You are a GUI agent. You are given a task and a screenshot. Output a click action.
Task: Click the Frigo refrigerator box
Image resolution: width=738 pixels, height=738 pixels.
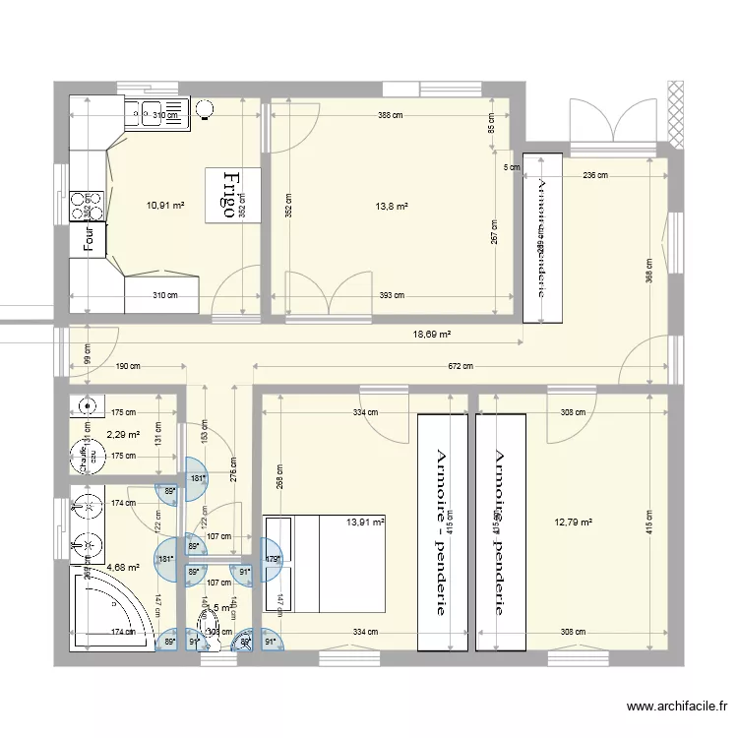[x=233, y=194]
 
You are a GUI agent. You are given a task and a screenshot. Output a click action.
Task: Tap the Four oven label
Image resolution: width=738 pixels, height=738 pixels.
[x=89, y=239]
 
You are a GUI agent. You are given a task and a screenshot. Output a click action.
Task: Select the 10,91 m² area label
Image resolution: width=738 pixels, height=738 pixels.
[x=165, y=206]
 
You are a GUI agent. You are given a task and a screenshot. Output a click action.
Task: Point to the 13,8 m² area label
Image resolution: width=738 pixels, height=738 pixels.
[x=391, y=207]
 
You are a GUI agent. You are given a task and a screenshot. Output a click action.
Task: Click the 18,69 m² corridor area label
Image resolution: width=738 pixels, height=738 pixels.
[x=431, y=335]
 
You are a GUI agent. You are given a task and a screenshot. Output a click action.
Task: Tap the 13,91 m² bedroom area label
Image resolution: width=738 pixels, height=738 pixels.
[x=364, y=523]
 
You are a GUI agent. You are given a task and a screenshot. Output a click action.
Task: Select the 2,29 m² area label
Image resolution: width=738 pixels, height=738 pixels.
[x=123, y=434]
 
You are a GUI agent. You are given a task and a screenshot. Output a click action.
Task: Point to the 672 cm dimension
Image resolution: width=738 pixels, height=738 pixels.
[x=461, y=367]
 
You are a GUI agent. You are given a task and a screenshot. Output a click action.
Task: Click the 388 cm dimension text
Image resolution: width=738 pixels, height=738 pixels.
[x=391, y=115]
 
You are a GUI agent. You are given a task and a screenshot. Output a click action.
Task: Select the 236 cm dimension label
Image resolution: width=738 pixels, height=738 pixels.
[x=594, y=175]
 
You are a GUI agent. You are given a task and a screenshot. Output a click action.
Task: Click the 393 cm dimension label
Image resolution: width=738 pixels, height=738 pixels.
[x=391, y=295]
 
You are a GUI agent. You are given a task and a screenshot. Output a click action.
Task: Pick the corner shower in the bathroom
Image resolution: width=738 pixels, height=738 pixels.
[x=110, y=608]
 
